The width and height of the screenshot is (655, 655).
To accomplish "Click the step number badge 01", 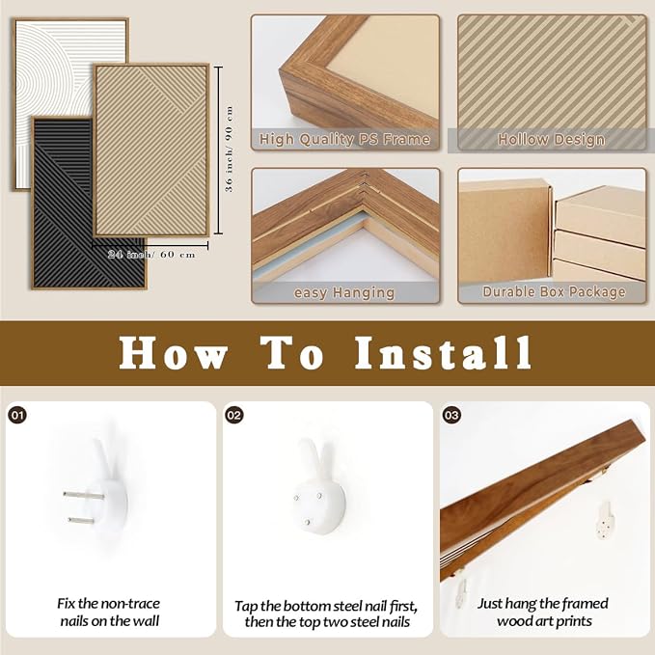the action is coord(17,415).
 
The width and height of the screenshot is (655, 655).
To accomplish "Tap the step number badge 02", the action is coord(234,415).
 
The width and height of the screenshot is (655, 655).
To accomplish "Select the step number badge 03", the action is coord(451,415).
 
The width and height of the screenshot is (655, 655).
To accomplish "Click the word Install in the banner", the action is coord(443,352).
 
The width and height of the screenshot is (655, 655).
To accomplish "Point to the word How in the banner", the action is coord(173,353).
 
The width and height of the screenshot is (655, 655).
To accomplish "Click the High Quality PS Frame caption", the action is coord(344,139).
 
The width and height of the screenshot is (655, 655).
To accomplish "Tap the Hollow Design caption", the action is coord(552,139).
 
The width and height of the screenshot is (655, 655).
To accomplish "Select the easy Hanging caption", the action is coord(344,293).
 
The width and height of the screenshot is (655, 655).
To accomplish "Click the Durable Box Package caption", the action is coord(554,291).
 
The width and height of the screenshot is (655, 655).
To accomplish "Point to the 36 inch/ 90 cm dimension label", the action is coord(229,149).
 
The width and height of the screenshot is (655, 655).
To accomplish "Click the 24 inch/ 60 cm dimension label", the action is coord(151,255).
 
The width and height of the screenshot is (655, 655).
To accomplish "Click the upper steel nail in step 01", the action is coord(84,496).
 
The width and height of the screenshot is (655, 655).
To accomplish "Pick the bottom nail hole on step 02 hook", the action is coord(308,522).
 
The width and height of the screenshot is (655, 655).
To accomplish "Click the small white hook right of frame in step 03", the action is coord(605,520).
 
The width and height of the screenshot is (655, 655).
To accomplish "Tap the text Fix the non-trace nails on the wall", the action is coord(109,613).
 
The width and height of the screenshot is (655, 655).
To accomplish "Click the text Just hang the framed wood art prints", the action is coord(543,613).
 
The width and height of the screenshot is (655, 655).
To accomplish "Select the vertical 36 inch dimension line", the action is coord(218,150).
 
